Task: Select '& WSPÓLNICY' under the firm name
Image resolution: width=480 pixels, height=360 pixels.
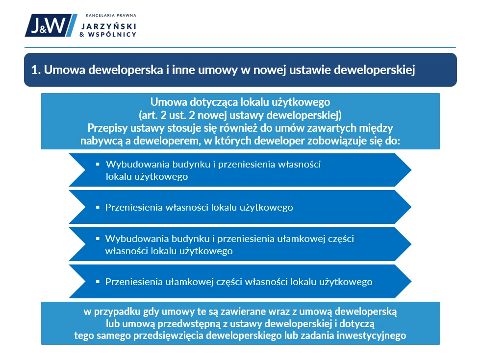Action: (x=108, y=35)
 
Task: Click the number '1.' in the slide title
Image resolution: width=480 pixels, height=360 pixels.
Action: (x=35, y=70)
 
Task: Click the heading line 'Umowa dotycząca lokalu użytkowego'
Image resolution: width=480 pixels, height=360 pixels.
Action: (x=240, y=103)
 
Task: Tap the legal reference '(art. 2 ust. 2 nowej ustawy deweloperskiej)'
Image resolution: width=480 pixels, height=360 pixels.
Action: (x=240, y=116)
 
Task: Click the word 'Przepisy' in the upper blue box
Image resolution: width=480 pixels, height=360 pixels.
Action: (x=106, y=128)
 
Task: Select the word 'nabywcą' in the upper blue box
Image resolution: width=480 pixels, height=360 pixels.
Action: (x=98, y=141)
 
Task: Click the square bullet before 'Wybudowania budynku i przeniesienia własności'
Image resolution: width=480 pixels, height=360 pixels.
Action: (x=98, y=164)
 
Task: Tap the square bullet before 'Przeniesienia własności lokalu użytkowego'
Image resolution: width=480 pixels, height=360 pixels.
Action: (x=98, y=207)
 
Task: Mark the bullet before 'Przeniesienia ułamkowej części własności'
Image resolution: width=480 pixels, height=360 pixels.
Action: (x=98, y=282)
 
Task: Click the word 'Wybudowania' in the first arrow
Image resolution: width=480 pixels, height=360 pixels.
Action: (x=129, y=165)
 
